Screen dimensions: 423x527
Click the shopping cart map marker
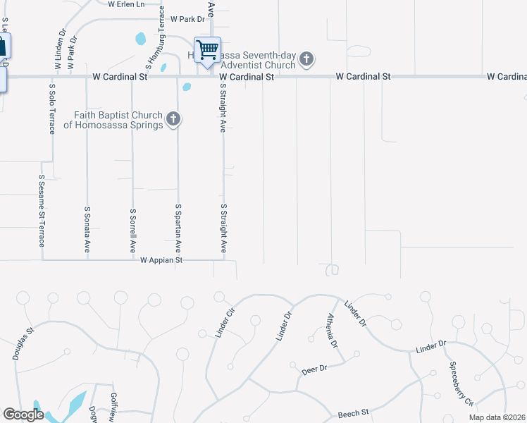207,51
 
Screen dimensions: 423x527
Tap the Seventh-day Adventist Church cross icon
306,60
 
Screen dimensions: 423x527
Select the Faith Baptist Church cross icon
173,120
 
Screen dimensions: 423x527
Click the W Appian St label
161,260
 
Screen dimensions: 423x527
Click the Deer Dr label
314,369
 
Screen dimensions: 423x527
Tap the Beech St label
353,413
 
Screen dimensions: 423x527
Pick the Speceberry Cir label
461,384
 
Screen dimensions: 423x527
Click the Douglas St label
23,343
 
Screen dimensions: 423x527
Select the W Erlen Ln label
131,4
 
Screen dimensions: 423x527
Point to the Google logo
23,415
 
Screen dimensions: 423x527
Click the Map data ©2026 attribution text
496,417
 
